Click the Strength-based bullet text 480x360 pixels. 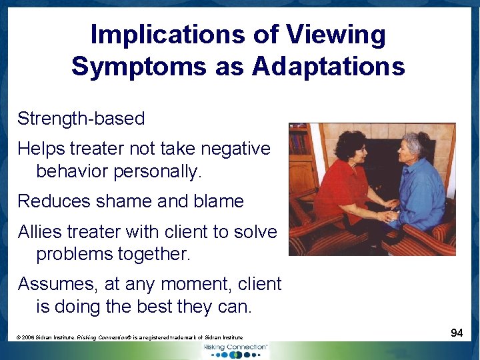81,119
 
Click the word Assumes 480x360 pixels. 58,284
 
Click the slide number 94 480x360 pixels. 457,333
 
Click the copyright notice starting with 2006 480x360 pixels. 130,337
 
